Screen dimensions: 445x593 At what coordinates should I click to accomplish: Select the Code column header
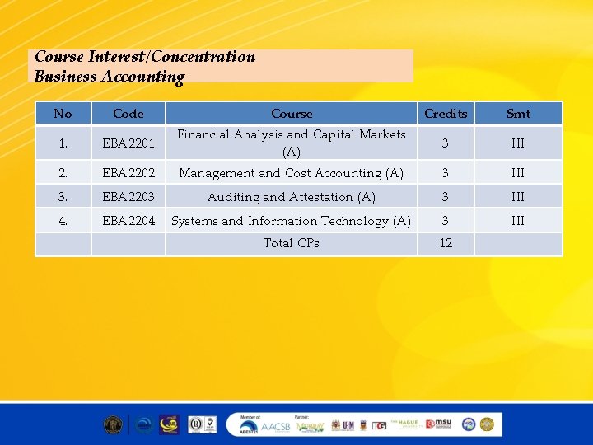(128, 114)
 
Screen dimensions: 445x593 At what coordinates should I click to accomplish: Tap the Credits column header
(446, 114)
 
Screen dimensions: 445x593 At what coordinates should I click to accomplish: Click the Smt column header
(518, 114)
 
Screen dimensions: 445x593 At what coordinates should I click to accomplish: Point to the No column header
(63, 114)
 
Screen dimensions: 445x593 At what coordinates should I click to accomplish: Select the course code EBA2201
(128, 143)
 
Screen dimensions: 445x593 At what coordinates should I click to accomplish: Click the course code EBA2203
(128, 197)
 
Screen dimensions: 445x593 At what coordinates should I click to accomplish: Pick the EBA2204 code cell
(128, 221)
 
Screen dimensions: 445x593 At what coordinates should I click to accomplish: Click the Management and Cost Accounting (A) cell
(291, 173)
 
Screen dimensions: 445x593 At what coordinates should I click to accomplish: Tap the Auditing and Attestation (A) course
(291, 197)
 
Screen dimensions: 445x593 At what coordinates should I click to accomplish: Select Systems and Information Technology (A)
(291, 221)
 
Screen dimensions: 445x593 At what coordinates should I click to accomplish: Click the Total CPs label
(291, 243)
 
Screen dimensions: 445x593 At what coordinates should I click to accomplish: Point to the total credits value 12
(446, 243)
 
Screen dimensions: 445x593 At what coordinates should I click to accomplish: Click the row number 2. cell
(63, 173)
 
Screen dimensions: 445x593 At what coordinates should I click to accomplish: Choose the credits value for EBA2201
(446, 143)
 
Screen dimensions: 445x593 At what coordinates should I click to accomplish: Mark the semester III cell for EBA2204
(518, 221)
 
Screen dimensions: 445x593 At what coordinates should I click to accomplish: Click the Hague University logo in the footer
(406, 424)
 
